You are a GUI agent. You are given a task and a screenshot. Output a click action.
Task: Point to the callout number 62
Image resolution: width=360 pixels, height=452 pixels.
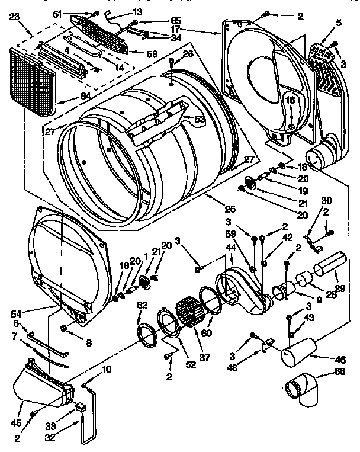point(142,306)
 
